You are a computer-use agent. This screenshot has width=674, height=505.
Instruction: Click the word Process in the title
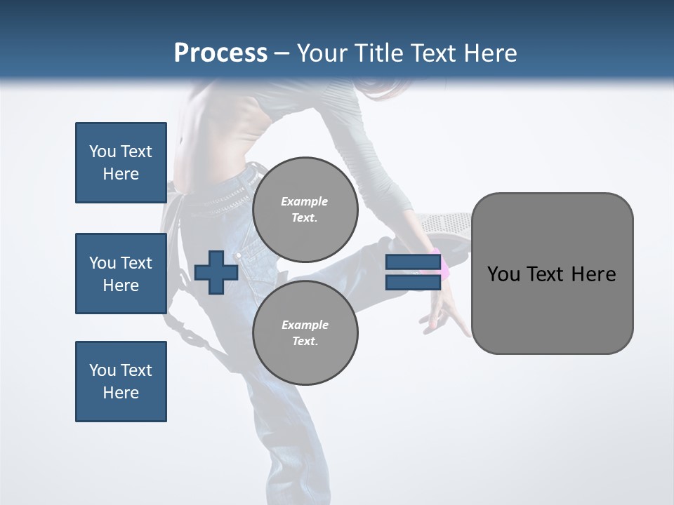220,53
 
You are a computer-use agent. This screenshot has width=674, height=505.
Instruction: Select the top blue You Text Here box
121,163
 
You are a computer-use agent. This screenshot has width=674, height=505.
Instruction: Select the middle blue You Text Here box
121,274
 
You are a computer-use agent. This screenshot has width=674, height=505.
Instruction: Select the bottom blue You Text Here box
121,382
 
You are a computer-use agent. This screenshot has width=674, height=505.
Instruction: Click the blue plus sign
216,272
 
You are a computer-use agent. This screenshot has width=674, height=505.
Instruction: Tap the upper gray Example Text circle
305,209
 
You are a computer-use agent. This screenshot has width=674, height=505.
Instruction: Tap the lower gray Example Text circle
305,332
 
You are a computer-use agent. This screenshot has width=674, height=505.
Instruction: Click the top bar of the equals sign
413,262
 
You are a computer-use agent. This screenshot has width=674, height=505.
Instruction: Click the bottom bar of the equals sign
413,282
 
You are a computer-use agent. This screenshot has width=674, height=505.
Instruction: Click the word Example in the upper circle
305,201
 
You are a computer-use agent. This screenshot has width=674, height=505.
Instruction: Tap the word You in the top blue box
101,151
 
